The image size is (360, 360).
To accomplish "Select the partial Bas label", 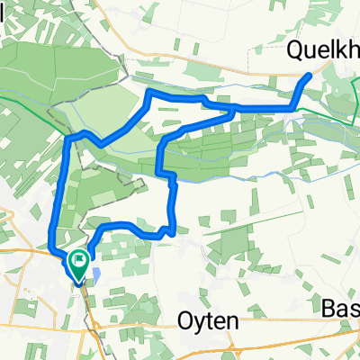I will point(340,309).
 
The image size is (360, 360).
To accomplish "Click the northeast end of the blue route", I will point(310,76).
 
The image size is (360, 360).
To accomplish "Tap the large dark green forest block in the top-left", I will point(54,72).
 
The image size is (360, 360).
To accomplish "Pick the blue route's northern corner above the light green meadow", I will point(148,94).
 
